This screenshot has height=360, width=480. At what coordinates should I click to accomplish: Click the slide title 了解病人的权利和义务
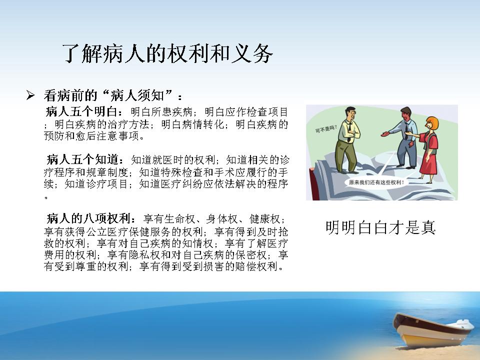(167, 53)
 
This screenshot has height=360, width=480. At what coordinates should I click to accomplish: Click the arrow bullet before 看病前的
(30, 95)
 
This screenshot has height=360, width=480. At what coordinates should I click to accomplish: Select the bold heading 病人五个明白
(81, 111)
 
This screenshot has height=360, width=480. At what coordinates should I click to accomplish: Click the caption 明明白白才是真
(380, 227)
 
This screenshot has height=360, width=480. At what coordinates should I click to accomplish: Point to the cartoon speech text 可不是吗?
(326, 128)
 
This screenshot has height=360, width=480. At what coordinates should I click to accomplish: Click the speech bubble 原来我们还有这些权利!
(376, 182)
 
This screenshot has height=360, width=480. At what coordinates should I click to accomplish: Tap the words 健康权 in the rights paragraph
(265, 219)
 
